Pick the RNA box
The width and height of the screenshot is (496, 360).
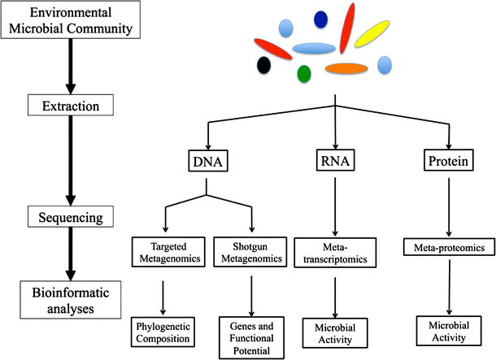(x=336, y=161)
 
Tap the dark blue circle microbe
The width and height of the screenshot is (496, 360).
(x=320, y=18)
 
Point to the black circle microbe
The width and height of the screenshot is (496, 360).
(x=263, y=63)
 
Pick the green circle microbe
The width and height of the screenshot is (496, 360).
(x=304, y=74)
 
